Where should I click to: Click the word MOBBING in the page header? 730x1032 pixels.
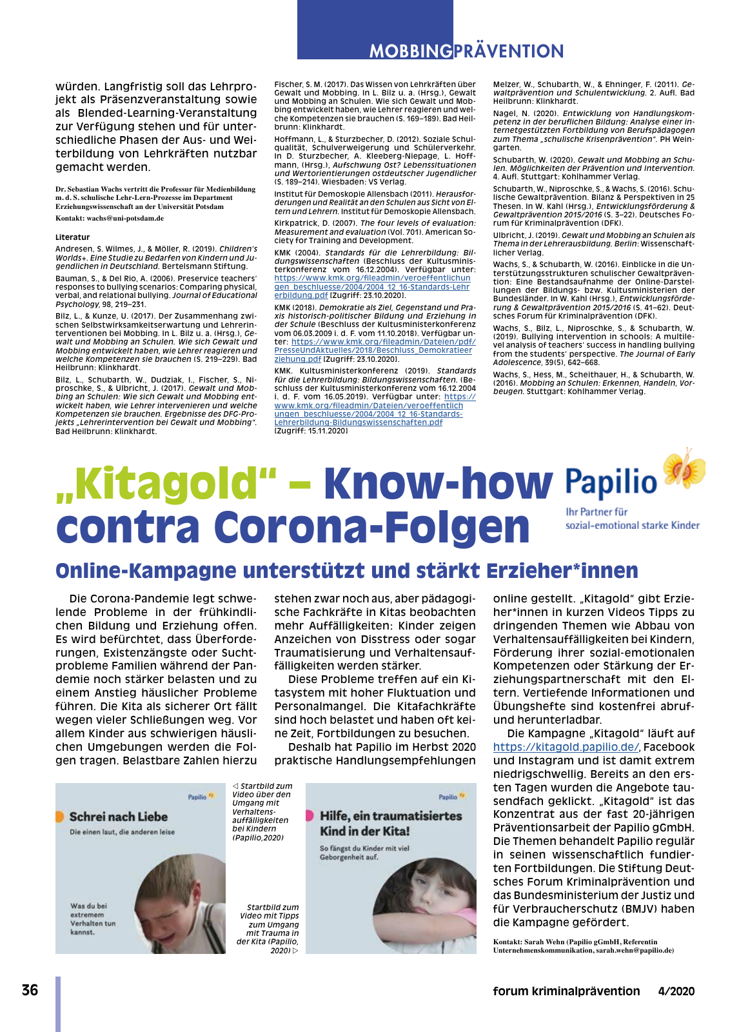(411, 52)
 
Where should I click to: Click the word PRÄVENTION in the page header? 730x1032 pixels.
(508, 52)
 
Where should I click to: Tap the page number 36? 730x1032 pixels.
(30, 990)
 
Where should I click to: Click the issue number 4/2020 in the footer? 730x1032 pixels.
(676, 991)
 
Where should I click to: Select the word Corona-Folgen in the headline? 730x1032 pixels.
(371, 528)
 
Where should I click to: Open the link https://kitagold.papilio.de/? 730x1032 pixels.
(566, 747)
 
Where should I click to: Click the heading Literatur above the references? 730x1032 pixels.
(72, 237)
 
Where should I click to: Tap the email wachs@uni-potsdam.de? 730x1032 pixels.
(125, 219)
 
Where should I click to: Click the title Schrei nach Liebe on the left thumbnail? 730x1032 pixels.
(118, 817)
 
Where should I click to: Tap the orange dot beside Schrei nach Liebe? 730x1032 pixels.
(59, 817)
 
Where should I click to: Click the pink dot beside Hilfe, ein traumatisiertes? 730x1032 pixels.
(309, 817)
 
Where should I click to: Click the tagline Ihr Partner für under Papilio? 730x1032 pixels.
(597, 512)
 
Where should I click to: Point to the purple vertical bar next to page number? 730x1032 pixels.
(58, 1004)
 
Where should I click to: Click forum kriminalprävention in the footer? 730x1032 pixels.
(566, 991)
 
